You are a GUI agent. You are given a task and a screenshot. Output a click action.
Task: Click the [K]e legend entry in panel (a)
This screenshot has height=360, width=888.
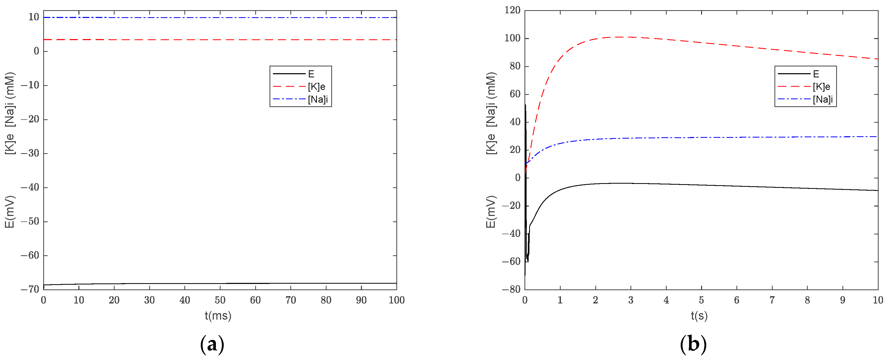tap(316, 86)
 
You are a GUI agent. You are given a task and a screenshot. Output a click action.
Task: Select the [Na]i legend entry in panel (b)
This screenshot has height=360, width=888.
tap(822, 99)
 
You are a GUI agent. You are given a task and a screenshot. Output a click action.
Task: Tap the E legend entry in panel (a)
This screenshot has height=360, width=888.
tap(311, 74)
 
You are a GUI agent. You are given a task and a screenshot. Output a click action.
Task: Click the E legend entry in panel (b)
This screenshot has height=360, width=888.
tap(816, 74)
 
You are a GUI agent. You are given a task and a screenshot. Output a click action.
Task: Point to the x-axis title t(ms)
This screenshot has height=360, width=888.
tap(218, 315)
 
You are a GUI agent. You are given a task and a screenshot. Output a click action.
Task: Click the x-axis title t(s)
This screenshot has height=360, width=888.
tap(699, 315)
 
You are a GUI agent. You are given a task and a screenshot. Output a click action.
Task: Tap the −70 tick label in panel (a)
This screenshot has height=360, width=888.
tap(30, 289)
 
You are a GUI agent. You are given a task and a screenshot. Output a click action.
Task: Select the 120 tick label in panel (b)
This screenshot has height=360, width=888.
tap(512, 10)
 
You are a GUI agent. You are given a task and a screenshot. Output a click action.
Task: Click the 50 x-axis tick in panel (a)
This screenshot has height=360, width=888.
tap(220, 300)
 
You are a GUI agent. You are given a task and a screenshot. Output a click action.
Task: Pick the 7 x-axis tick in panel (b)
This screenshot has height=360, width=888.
tap(772, 300)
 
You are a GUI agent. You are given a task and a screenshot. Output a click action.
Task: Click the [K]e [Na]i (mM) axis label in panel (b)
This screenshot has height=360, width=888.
tap(491, 114)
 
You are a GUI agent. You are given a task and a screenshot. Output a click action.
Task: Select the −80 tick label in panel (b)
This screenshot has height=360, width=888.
tap(511, 289)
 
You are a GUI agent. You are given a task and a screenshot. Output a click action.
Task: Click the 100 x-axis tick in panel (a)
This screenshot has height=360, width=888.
tap(396, 300)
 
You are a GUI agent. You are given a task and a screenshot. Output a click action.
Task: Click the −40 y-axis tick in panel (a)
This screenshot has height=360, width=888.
tap(30, 187)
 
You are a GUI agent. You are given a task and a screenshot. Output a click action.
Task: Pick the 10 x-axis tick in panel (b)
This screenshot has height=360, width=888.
tap(878, 300)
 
